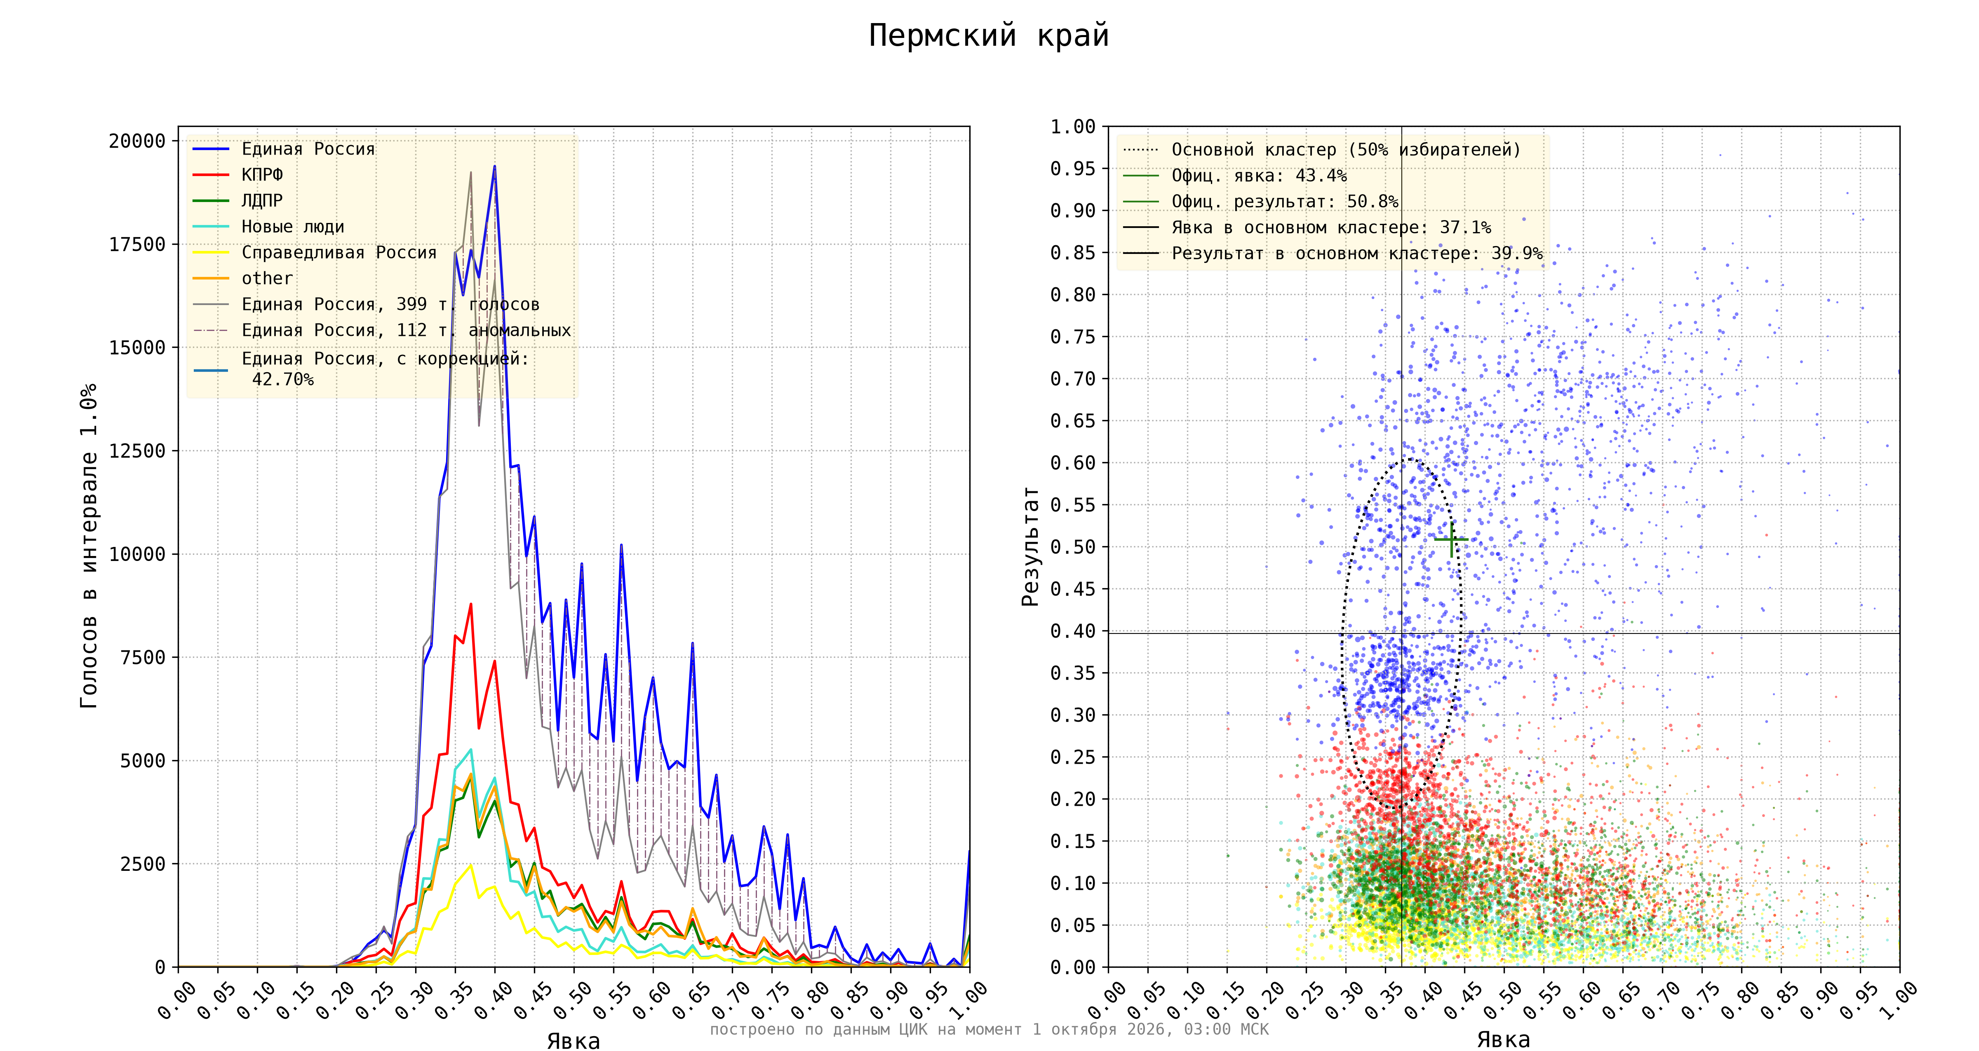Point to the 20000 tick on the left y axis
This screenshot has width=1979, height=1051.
click(138, 141)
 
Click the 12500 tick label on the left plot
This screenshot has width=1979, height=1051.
click(138, 451)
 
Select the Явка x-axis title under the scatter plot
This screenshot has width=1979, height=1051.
click(1504, 1039)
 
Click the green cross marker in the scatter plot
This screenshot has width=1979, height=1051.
click(1451, 540)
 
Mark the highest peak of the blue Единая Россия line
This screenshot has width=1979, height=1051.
click(494, 166)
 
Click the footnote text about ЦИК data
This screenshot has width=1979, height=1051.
click(989, 1030)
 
